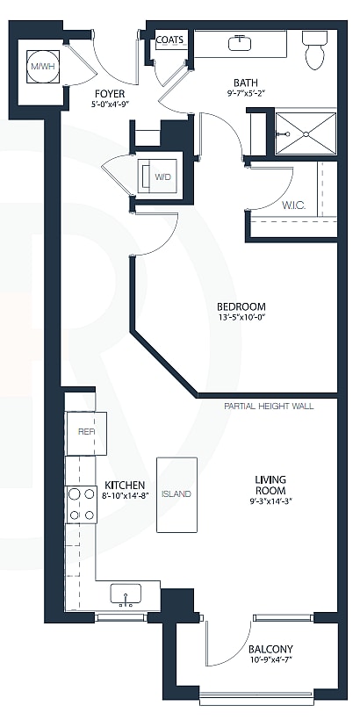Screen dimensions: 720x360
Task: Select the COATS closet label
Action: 169,40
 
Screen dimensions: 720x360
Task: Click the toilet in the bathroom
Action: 314,50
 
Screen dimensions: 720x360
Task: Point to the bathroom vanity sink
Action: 239,42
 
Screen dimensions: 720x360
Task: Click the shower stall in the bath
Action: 306,133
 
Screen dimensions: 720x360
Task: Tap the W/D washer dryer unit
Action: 162,176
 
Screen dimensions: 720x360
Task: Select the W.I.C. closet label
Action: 293,205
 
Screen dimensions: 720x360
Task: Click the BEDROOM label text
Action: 241,306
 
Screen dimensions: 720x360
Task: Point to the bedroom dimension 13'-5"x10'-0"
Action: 241,318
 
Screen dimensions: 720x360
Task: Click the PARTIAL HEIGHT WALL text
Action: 269,406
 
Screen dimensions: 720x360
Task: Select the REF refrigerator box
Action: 87,432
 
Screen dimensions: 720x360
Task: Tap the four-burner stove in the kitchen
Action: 81,505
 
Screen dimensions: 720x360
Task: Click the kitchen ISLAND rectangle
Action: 176,493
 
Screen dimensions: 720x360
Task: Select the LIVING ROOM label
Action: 270,485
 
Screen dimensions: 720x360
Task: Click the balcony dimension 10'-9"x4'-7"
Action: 270,660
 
